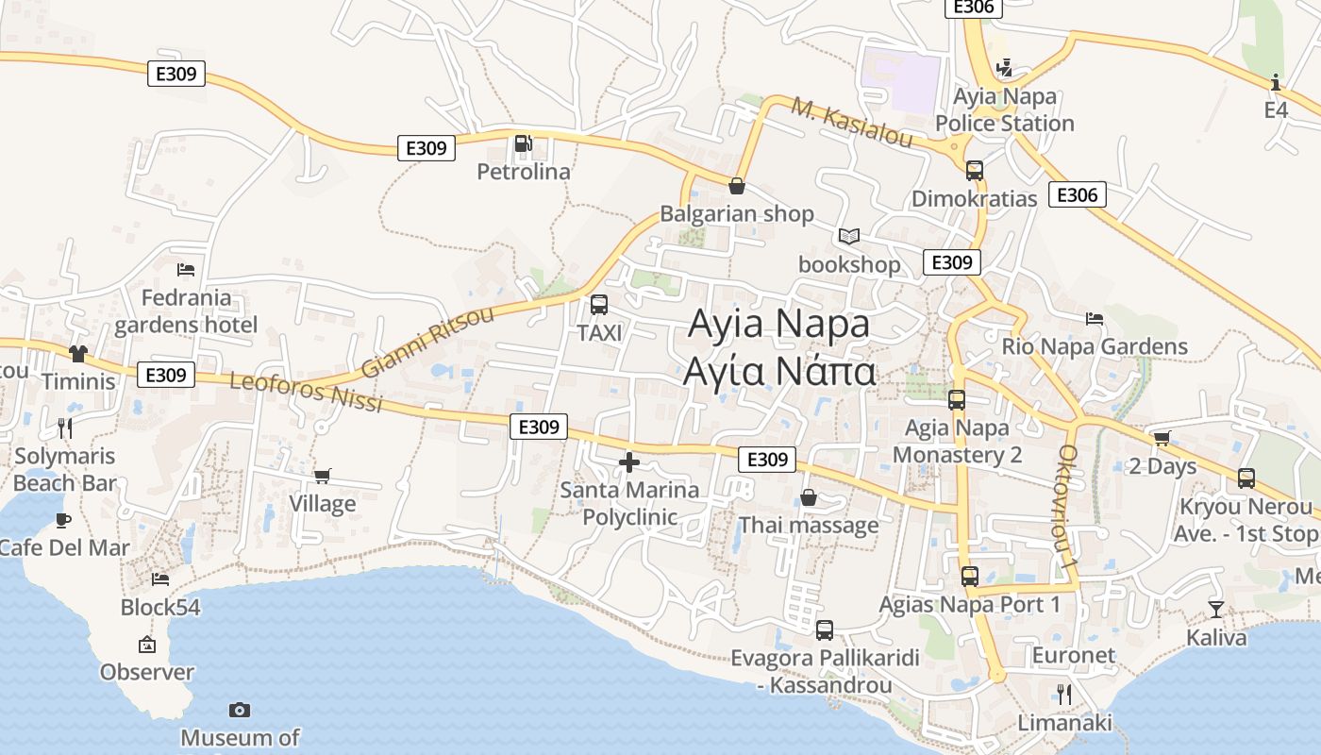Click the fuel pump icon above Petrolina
(523, 143)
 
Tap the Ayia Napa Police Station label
(1005, 109)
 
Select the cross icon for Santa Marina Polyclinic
(628, 462)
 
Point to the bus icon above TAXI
(599, 305)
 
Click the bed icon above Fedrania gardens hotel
(186, 269)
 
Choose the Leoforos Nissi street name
(306, 391)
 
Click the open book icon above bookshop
(849, 236)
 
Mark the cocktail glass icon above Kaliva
(1216, 609)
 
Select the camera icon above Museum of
(240, 710)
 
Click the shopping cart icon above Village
(323, 476)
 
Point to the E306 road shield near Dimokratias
(1077, 194)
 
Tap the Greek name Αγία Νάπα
(779, 371)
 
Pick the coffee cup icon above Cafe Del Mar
(62, 519)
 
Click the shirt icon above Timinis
(77, 353)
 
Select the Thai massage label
(809, 525)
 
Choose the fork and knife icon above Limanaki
(1064, 695)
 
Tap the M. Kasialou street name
(852, 122)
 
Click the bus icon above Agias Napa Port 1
(970, 576)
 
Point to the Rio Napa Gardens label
(1095, 346)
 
